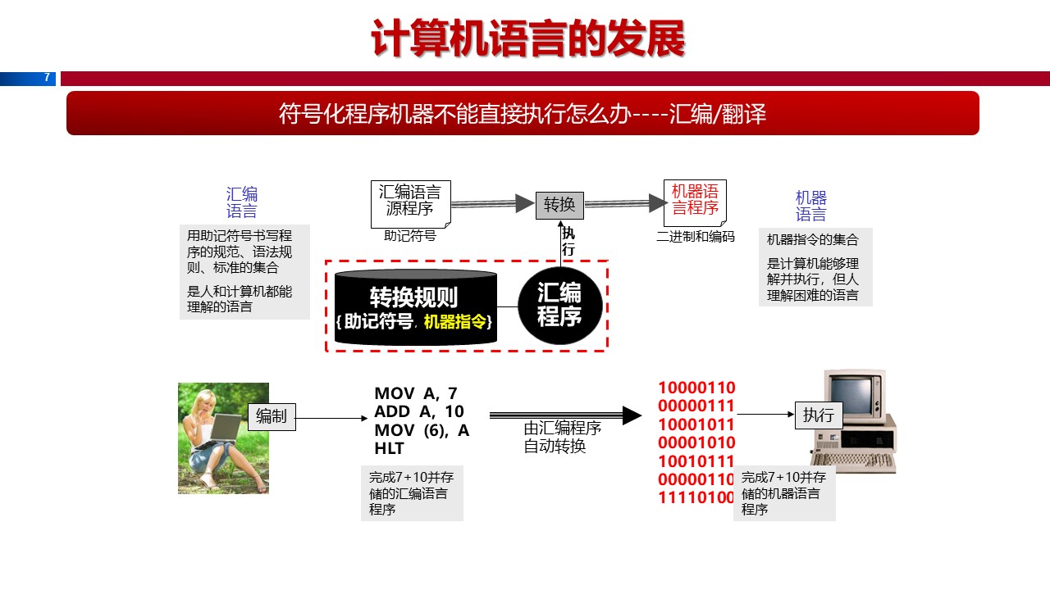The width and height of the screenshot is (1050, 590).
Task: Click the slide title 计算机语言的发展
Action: pos(527,39)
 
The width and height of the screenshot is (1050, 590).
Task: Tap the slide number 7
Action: pos(47,78)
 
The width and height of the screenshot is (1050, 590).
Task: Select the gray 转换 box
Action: pos(559,204)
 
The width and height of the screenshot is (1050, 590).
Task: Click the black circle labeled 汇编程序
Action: pos(560,305)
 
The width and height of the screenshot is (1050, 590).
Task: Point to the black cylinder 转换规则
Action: pos(415,307)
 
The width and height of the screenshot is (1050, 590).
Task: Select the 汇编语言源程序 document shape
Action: pos(410,202)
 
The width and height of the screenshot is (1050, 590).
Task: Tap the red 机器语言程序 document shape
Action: pos(695,201)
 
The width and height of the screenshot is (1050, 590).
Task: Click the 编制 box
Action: pos(272,416)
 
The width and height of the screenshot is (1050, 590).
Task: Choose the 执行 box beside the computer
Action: pos(819,415)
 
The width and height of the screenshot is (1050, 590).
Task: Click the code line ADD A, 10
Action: pos(418,411)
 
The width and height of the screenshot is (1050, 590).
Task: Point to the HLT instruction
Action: pos(389,448)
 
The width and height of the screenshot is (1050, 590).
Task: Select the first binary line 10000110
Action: pos(696,388)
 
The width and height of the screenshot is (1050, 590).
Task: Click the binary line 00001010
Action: pos(696,442)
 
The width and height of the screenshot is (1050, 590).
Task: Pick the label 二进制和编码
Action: pos(696,237)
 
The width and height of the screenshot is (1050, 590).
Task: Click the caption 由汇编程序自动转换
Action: pos(563,438)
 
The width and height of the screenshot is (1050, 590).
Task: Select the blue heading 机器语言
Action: pos(811,206)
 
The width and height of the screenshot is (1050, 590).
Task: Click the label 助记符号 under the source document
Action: pos(409,236)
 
